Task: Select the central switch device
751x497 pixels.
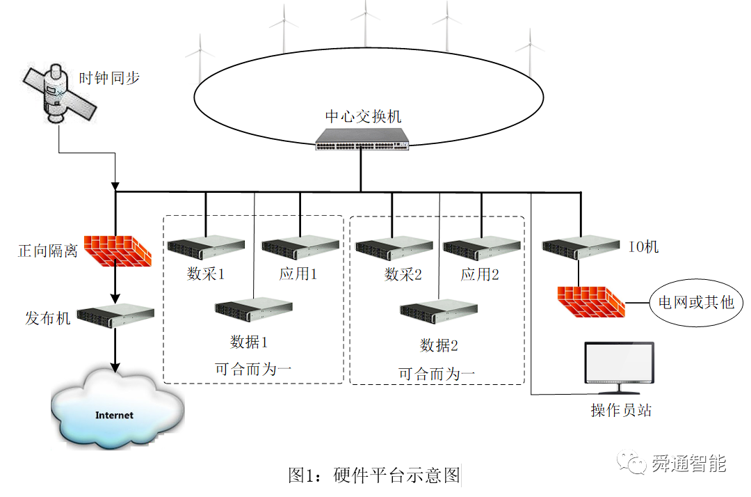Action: click(362, 139)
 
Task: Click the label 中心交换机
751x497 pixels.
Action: click(363, 116)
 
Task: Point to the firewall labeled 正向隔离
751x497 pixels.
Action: click(118, 251)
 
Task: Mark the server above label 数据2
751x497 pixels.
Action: click(438, 310)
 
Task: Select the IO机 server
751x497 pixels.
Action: click(580, 246)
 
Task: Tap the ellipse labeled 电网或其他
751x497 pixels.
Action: click(696, 303)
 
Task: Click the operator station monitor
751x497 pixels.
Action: click(618, 363)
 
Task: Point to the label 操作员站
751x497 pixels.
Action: click(621, 410)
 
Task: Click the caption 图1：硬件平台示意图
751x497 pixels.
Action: click(374, 475)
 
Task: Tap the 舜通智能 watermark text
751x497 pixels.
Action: click(688, 463)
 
